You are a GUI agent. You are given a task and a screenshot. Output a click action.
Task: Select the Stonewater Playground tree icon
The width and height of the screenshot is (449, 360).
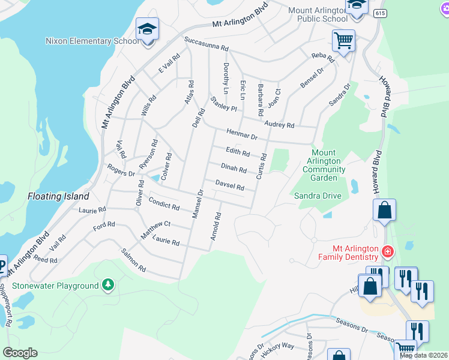click(107, 285)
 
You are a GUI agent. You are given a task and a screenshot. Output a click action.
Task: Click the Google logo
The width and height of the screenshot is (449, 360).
click(20, 352)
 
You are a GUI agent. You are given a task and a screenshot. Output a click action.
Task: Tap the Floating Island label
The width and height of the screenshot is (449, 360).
click(58, 196)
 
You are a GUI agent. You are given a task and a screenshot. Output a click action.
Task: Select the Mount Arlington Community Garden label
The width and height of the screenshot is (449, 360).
click(324, 165)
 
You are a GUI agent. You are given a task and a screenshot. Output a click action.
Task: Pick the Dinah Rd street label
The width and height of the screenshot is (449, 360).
click(234, 169)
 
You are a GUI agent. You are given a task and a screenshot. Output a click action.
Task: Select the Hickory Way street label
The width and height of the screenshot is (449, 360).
click(280, 346)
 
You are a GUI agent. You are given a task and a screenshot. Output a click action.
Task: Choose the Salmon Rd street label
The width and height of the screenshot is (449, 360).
click(133, 260)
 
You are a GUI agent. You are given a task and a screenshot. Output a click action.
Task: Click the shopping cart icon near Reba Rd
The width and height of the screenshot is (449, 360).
click(343, 41)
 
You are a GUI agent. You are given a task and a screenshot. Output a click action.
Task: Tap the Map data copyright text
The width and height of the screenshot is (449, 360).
click(424, 355)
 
